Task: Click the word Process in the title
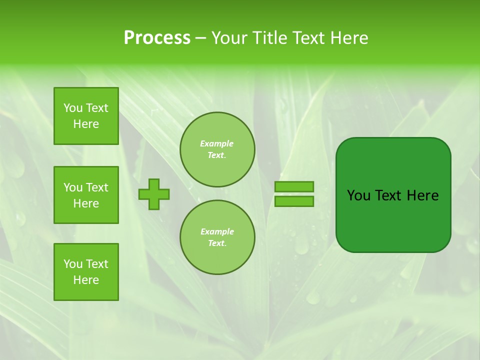157,38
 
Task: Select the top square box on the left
86,116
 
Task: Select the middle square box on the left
86,195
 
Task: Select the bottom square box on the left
86,272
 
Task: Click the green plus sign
154,194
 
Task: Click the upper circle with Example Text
217,149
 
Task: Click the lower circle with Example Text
217,237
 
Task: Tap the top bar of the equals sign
294,186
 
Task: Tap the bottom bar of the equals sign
294,201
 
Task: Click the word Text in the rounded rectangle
389,195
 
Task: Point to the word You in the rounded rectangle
358,195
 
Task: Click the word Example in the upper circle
217,143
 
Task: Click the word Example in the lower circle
217,231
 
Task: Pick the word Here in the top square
86,124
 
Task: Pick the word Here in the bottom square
86,280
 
